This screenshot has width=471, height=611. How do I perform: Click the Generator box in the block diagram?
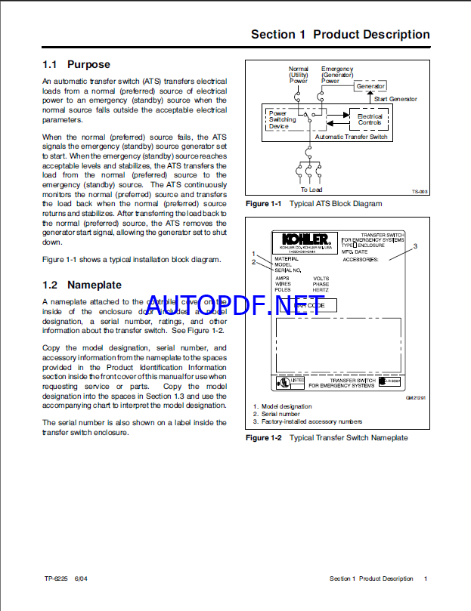[370, 87]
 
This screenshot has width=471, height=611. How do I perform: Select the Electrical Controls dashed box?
[370, 119]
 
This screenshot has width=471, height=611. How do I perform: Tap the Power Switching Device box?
[283, 119]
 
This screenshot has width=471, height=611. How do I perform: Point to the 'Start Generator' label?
[395, 99]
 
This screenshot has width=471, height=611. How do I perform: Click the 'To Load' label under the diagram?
[311, 190]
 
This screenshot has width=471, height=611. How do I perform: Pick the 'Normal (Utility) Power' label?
[299, 75]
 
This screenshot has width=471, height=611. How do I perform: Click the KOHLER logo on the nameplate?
[299, 237]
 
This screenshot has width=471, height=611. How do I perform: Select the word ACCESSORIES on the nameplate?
[360, 258]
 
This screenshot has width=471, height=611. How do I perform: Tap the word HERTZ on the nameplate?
[321, 289]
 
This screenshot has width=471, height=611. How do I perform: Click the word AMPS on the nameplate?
[281, 278]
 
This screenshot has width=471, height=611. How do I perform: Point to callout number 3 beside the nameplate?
[414, 247]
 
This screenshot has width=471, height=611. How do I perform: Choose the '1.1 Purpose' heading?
[76, 65]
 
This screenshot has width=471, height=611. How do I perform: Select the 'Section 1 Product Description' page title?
[340, 35]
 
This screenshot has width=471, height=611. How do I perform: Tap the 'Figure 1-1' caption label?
[263, 203]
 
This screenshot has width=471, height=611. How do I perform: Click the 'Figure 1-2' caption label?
[263, 437]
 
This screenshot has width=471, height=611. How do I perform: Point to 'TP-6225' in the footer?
[57, 579]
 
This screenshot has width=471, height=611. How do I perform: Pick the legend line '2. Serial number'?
[276, 414]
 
